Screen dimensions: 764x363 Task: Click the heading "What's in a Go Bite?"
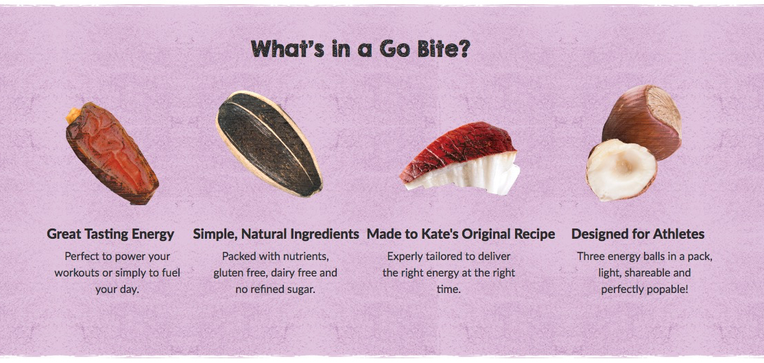360,49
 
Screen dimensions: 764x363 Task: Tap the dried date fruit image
112,153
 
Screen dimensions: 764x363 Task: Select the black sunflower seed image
269,143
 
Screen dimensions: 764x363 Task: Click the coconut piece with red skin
459,159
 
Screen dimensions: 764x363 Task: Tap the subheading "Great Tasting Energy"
110,234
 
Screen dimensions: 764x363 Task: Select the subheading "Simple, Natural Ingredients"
276,234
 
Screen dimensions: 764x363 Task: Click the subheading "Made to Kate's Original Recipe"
461,234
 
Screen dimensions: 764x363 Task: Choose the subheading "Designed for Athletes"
638,234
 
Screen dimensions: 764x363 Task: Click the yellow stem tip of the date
74,115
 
